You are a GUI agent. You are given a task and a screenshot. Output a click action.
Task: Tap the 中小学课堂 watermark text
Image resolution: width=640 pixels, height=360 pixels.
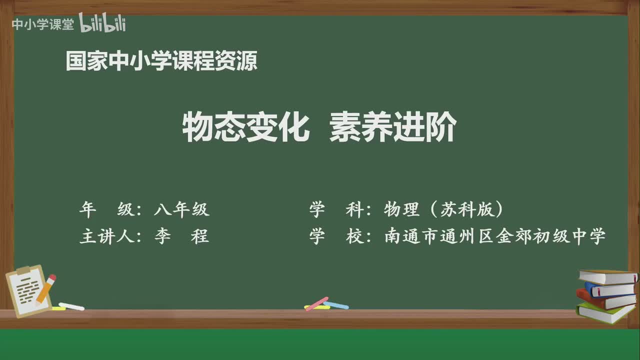tap(42, 24)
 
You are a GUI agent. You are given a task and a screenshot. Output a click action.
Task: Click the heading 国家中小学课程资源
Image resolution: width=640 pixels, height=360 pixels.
tap(161, 61)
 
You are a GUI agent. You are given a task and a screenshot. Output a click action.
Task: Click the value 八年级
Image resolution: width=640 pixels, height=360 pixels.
tap(181, 210)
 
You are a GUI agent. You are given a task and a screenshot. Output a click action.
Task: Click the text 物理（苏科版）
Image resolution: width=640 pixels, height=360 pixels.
tap(443, 210)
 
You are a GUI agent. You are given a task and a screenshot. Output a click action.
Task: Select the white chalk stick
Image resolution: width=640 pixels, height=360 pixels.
tap(71, 306)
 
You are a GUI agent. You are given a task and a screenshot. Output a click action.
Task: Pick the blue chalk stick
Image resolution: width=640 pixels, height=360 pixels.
tap(336, 305)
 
